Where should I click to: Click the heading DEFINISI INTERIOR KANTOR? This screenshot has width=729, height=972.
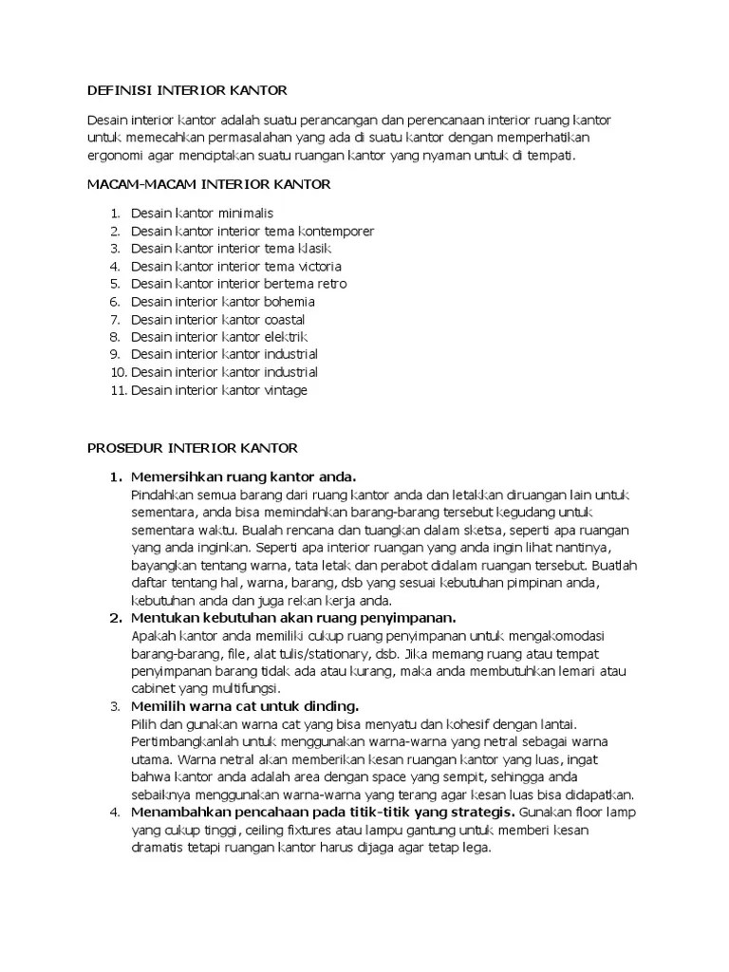[186, 90]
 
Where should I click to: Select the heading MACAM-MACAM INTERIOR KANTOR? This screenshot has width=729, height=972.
[209, 184]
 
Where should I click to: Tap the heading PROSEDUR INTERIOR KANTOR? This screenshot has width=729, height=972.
[193, 447]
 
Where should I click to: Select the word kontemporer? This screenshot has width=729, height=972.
[336, 231]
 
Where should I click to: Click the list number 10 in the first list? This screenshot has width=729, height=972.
[118, 372]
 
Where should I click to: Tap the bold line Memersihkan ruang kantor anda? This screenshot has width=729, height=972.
[243, 476]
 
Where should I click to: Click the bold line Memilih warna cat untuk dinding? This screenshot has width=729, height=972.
[245, 705]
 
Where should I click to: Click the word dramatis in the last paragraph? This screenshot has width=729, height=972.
[159, 848]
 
